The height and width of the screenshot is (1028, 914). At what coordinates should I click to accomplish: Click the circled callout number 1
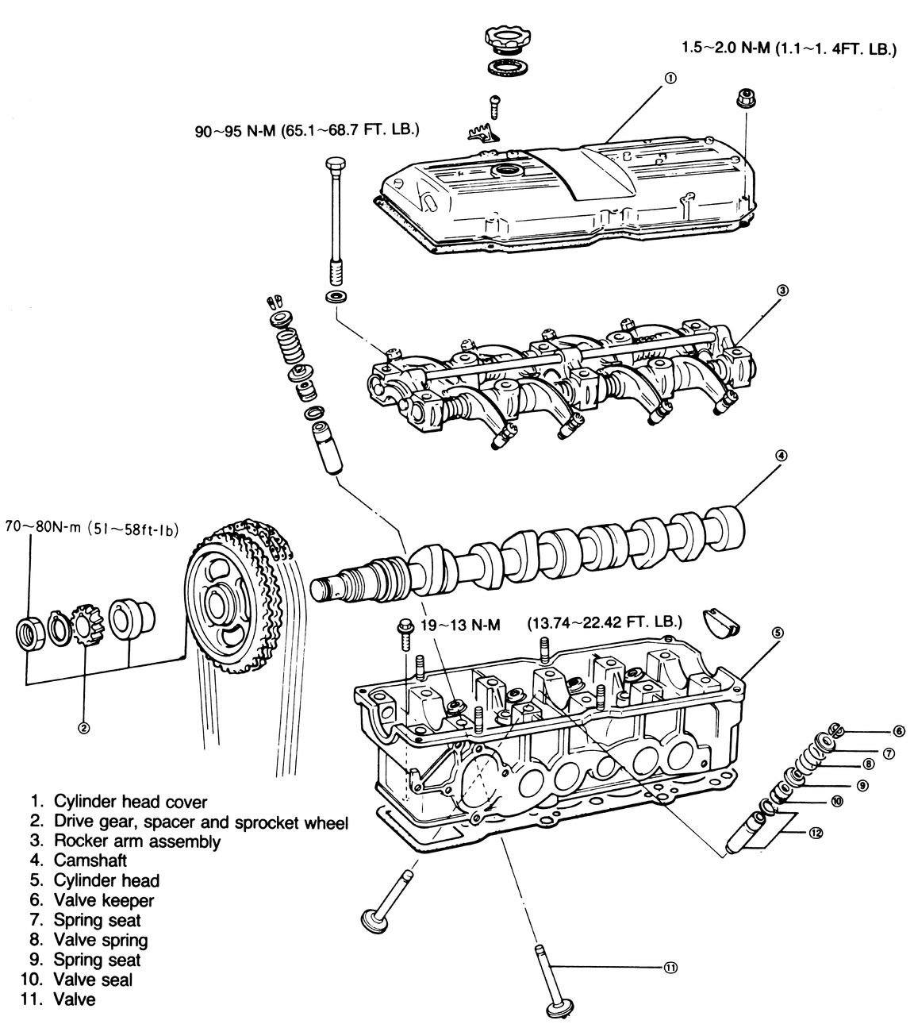(670, 78)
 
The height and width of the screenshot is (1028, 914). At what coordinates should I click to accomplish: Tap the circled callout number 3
(782, 291)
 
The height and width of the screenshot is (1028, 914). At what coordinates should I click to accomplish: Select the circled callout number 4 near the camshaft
(782, 455)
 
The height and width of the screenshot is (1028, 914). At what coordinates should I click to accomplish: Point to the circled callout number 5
(778, 633)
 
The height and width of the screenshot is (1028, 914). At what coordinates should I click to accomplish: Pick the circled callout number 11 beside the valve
(670, 968)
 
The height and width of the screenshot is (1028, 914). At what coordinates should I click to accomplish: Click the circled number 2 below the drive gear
(84, 728)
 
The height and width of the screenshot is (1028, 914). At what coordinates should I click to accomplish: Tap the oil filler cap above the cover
(507, 39)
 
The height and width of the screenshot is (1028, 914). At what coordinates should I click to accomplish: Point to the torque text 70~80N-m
(43, 527)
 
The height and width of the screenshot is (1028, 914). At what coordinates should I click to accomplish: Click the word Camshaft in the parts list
(90, 860)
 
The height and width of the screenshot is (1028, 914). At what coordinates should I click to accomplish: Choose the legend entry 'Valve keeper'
(104, 899)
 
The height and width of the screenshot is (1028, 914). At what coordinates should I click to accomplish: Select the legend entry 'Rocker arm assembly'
(137, 840)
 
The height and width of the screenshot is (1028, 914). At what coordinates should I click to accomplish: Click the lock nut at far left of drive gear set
(29, 633)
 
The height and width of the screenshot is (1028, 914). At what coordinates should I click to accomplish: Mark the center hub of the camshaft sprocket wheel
(215, 606)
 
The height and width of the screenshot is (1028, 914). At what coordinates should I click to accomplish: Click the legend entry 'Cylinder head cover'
(130, 801)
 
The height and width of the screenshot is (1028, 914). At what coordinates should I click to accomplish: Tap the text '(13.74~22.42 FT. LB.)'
(605, 622)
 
